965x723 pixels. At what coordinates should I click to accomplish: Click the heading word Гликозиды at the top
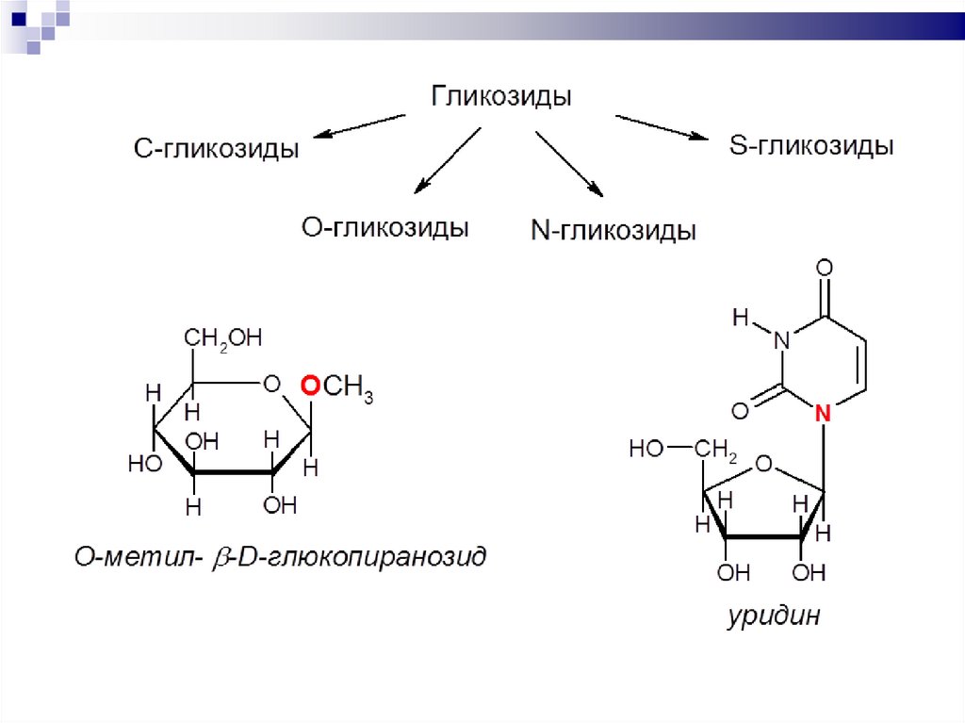coord(501,96)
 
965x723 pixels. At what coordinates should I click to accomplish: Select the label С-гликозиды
coord(216,149)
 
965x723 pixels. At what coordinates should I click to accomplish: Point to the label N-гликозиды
coord(613,231)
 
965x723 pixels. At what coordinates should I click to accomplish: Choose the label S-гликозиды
coord(811,147)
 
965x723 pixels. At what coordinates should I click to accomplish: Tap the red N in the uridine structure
coord(823,411)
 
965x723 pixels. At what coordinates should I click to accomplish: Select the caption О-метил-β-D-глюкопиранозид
coord(281,557)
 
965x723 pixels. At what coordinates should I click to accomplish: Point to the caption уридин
coord(774,617)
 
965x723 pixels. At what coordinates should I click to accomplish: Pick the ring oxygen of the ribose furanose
coord(764,464)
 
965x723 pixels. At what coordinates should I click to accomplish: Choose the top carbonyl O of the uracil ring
coord(824,268)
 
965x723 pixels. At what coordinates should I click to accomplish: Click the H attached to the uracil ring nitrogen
coord(741,319)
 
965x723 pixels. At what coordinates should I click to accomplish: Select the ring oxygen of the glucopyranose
coord(271,384)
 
